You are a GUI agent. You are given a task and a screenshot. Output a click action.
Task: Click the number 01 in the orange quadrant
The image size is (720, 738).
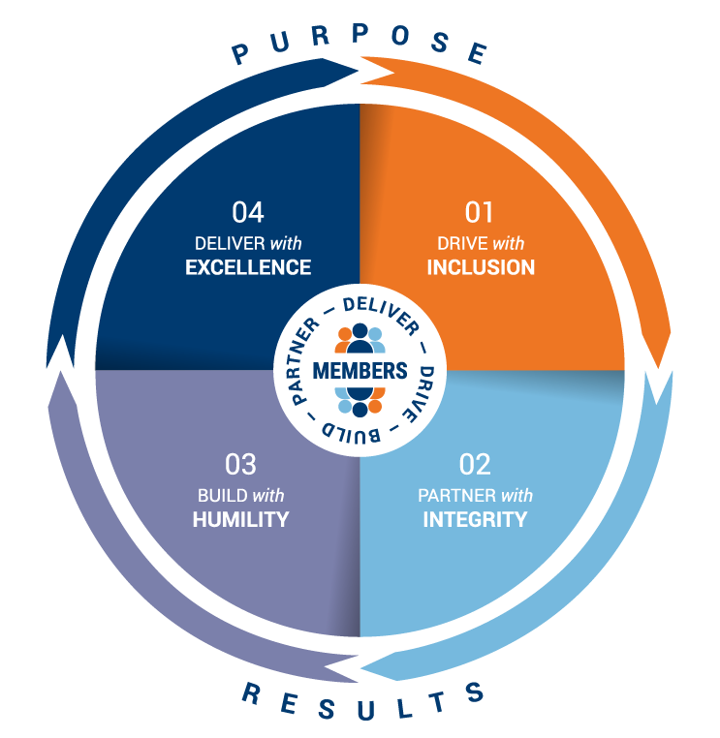pyautogui.click(x=480, y=212)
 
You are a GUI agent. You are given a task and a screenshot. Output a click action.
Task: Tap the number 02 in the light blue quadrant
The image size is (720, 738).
pyautogui.click(x=475, y=465)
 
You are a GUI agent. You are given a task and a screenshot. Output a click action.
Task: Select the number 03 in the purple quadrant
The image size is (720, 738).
pyautogui.click(x=240, y=465)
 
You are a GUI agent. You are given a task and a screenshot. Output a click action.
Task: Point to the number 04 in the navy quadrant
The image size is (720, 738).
pyautogui.click(x=248, y=212)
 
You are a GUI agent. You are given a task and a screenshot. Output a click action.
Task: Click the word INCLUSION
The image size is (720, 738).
pyautogui.click(x=481, y=267)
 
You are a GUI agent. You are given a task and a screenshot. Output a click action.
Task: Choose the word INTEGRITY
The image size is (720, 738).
pyautogui.click(x=475, y=520)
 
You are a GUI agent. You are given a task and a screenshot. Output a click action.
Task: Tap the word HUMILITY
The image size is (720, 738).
pyautogui.click(x=240, y=519)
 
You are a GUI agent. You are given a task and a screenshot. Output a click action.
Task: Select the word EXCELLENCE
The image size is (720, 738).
pyautogui.click(x=248, y=267)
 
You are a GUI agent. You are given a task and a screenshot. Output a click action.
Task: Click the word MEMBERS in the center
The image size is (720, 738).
pyautogui.click(x=360, y=371)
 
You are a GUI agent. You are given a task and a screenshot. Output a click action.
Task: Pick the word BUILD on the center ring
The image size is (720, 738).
pyautogui.click(x=333, y=428)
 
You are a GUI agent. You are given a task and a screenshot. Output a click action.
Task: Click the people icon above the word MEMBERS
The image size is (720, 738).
pyautogui.click(x=360, y=338)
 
